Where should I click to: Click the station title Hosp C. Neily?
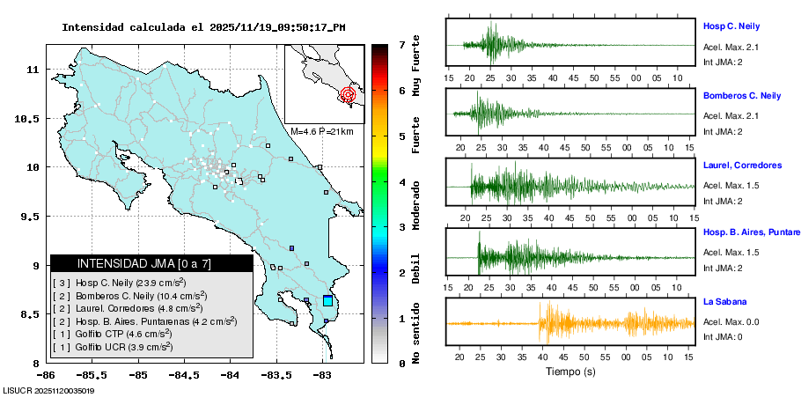pyautogui.click(x=731, y=26)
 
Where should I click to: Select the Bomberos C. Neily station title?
pyautogui.click(x=741, y=96)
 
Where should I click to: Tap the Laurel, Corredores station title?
pyautogui.click(x=742, y=166)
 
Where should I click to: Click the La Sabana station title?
pyautogui.click(x=723, y=302)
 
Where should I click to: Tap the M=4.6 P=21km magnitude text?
pyautogui.click(x=321, y=132)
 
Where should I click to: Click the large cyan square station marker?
pyautogui.click(x=328, y=301)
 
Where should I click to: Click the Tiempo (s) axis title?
pyautogui.click(x=570, y=372)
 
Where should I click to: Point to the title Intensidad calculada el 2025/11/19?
pyautogui.click(x=203, y=27)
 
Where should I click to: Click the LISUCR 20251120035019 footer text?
pyautogui.click(x=49, y=390)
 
